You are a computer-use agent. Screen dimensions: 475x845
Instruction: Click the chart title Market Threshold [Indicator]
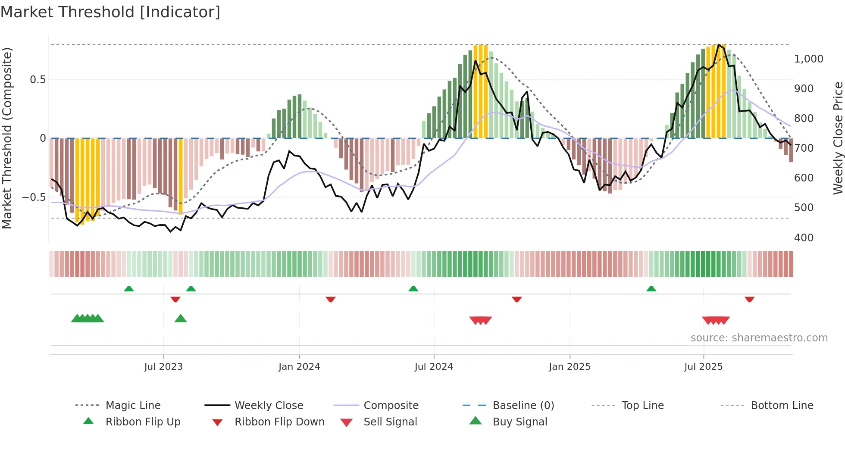pos(110,12)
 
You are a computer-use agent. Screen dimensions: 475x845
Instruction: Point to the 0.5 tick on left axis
pos(38,79)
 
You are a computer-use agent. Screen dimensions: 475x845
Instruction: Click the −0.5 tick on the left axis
pos(34,197)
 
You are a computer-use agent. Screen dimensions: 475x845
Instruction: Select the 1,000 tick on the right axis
pos(808,59)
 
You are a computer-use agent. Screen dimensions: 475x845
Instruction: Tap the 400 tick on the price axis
pos(804,237)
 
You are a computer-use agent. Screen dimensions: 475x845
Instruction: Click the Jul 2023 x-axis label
pos(163,367)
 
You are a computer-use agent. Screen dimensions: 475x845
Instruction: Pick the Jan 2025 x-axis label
pos(570,367)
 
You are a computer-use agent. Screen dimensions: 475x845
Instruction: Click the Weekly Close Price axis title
pos(838,138)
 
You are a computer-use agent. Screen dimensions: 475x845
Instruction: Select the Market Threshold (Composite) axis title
pos(7,138)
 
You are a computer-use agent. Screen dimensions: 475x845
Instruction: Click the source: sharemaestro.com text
pos(759,338)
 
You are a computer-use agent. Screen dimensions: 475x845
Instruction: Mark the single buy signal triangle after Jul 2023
pos(181,319)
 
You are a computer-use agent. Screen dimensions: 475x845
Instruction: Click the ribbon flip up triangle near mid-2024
pos(413,288)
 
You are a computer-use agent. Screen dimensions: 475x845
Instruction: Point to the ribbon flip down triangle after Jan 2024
pos(331,299)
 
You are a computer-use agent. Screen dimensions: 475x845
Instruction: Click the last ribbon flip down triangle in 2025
pos(749,299)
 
